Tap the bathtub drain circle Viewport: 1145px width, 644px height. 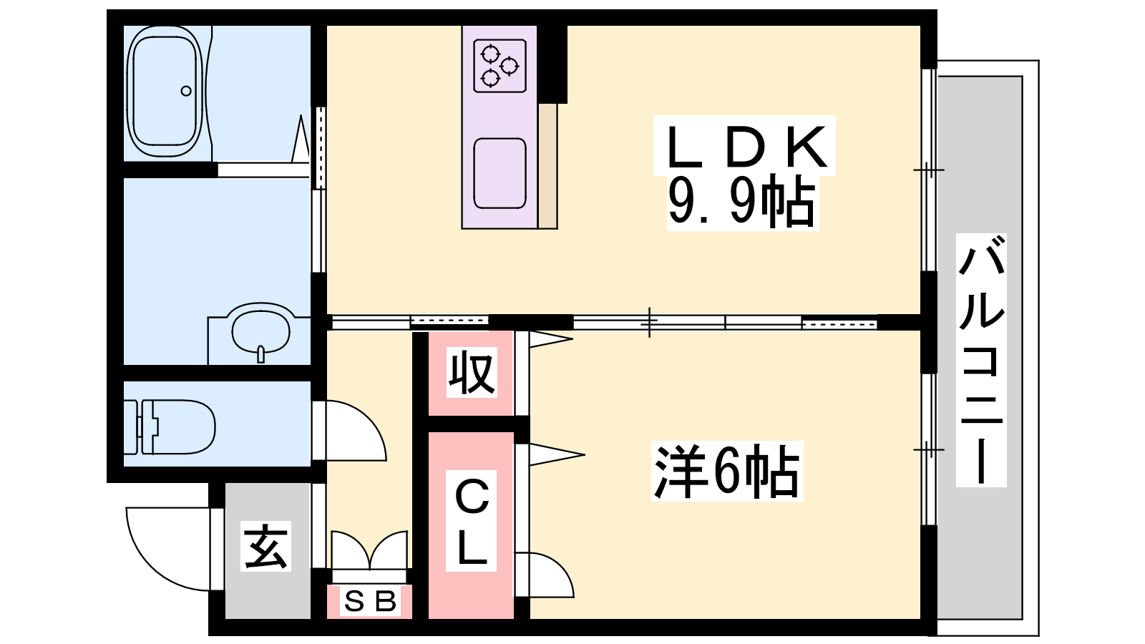[x=186, y=91]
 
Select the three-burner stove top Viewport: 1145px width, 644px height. [x=500, y=66]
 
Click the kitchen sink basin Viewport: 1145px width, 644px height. [x=500, y=173]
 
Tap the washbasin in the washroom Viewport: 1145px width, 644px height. [x=260, y=331]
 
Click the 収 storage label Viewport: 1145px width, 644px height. [x=472, y=373]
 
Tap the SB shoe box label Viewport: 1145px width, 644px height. [x=369, y=602]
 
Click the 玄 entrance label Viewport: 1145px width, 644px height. [x=266, y=547]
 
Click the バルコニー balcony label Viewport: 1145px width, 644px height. [x=981, y=361]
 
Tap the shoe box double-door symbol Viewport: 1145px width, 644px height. [x=369, y=551]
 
